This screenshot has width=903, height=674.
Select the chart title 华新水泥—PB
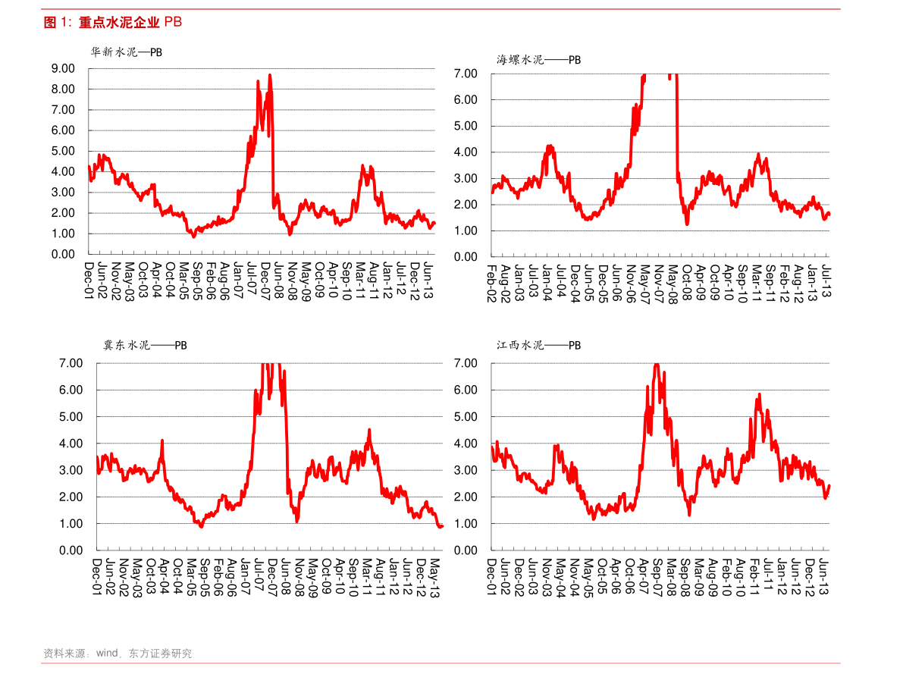pos(127,53)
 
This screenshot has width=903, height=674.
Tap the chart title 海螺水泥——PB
pos(539,59)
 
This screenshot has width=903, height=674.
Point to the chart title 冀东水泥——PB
pos(145,345)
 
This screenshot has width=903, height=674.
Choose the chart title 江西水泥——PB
pos(539,345)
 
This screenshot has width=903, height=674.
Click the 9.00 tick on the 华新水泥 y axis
pos(63,68)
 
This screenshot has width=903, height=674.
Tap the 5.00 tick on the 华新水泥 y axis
pos(63,151)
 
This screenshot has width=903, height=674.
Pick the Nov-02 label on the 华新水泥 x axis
pos(116,282)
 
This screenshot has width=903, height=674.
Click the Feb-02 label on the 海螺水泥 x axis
pos(491,284)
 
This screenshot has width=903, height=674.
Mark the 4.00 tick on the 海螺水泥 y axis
pos(465,152)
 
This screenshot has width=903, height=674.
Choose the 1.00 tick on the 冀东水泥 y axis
pos(71,524)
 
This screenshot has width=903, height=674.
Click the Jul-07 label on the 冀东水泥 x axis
pos(259,577)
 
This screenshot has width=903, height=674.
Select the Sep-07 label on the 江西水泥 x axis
pos(657,578)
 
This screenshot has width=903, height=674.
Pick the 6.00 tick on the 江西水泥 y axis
pos(465,390)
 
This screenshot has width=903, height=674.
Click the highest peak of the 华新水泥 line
pos(270,74)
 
